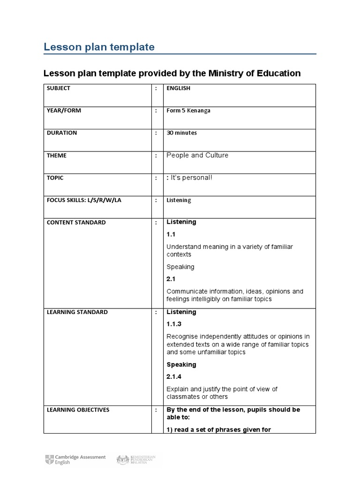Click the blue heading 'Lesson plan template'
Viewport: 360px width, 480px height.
99,47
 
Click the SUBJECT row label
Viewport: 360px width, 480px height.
59,88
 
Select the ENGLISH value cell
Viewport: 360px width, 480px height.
179,88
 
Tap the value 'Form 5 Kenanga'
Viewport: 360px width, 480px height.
188,111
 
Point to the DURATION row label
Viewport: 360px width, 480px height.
62,133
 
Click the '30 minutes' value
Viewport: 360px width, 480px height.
182,133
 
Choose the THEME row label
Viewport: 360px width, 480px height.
57,156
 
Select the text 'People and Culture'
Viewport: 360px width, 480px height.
197,155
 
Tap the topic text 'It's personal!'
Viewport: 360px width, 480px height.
191,178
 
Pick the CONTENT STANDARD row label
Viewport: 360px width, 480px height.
76,223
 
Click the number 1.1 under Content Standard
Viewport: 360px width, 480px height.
171,234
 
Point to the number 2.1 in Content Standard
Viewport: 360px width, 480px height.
171,279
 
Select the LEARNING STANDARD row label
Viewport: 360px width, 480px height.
77,312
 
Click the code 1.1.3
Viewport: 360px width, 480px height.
174,324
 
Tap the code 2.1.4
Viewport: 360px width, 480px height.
174,377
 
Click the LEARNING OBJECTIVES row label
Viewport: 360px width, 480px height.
78,410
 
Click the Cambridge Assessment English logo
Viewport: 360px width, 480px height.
75,459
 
